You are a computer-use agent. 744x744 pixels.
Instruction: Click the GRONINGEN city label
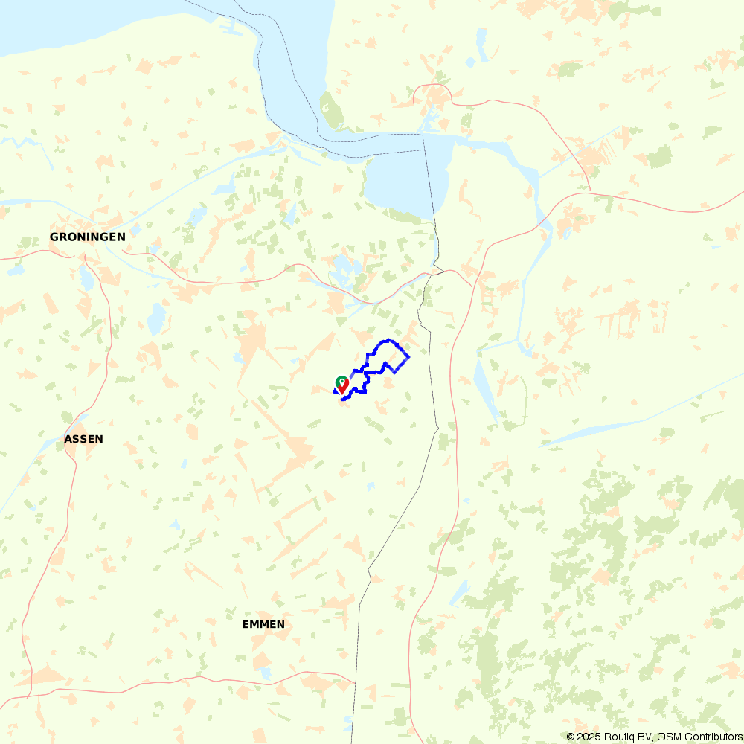coord(87,237)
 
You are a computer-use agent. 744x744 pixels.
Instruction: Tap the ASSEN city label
coord(84,439)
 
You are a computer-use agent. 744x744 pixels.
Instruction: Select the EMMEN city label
coord(263,624)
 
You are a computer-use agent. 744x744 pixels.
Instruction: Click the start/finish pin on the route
coord(341,385)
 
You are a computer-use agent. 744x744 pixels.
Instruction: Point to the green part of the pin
coord(341,379)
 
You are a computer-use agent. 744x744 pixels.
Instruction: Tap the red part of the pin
coord(342,389)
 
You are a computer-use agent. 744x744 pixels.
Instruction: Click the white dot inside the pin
coord(341,381)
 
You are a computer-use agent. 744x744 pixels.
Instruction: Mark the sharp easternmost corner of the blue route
coord(409,357)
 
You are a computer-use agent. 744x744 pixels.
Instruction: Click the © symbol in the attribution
coord(571,737)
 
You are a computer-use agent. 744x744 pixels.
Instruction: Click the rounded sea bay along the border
coord(402,182)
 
